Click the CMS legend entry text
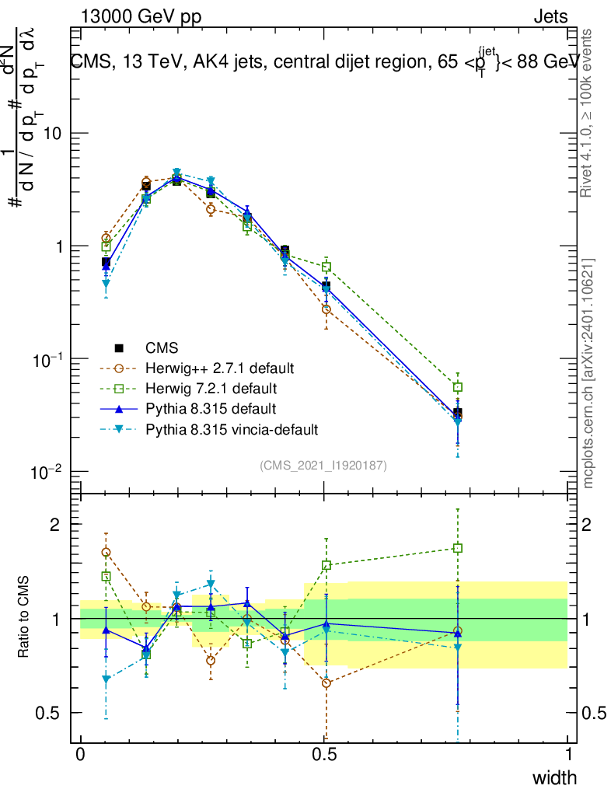162,347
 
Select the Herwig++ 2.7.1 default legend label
220,368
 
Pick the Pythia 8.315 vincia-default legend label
232,428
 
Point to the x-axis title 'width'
553,777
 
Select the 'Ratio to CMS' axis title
25,619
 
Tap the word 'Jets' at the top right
550,17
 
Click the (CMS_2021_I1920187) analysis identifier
323,466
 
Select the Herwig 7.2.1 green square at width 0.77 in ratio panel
458,548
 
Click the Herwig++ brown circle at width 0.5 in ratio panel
326,683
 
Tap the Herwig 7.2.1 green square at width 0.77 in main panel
458,387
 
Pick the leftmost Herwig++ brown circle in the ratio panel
106,552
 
